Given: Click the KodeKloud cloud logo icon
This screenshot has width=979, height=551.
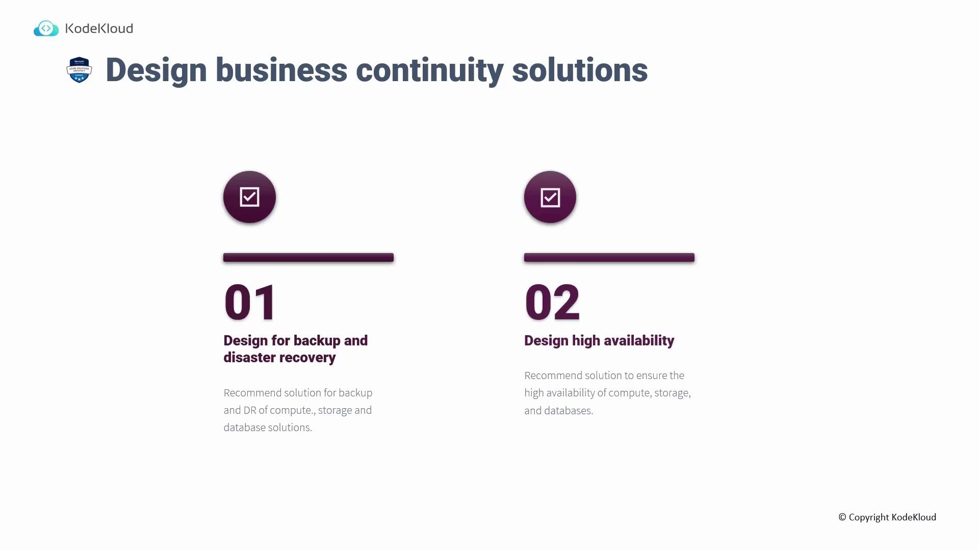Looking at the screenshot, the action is [46, 29].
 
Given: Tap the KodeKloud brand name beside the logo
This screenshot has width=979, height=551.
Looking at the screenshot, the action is [99, 29].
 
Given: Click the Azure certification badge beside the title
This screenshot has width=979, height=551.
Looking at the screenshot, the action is [79, 70].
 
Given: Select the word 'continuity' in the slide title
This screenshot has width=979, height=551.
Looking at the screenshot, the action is [429, 70].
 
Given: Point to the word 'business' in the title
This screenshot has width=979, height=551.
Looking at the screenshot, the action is [281, 70].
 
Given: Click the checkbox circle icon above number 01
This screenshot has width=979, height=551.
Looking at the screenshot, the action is [249, 197].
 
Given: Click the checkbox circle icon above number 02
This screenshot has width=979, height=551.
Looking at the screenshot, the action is [550, 197].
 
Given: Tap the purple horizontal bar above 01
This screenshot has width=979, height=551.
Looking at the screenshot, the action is [308, 258].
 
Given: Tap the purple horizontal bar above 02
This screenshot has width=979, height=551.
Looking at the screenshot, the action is [609, 258].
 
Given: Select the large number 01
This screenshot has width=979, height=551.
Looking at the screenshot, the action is [250, 302].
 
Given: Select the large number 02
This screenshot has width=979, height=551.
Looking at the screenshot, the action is [552, 302].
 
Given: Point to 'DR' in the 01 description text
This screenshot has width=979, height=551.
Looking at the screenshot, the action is [250, 410].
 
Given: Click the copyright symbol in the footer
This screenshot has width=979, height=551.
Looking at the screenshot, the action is [842, 517].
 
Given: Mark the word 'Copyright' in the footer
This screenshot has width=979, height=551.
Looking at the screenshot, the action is [869, 517].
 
